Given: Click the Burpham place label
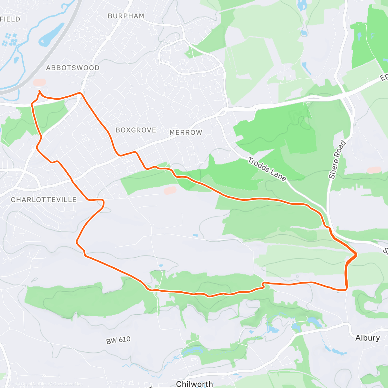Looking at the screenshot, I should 126,16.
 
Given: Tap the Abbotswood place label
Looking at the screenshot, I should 73,68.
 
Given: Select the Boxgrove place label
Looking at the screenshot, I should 136,130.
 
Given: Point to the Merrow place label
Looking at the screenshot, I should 186,132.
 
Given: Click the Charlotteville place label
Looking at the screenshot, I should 44,200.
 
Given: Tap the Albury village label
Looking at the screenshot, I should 367,338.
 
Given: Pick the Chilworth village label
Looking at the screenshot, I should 195,384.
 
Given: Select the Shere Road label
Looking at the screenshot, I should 337,160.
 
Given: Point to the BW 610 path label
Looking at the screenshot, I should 118,340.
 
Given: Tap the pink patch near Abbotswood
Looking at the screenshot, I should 39,83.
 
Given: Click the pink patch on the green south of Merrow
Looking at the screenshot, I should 170,190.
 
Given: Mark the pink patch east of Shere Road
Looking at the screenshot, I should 374,170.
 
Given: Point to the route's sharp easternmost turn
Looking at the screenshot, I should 357,255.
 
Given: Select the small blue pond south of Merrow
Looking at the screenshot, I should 195,235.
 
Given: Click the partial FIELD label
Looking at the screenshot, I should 10,19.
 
